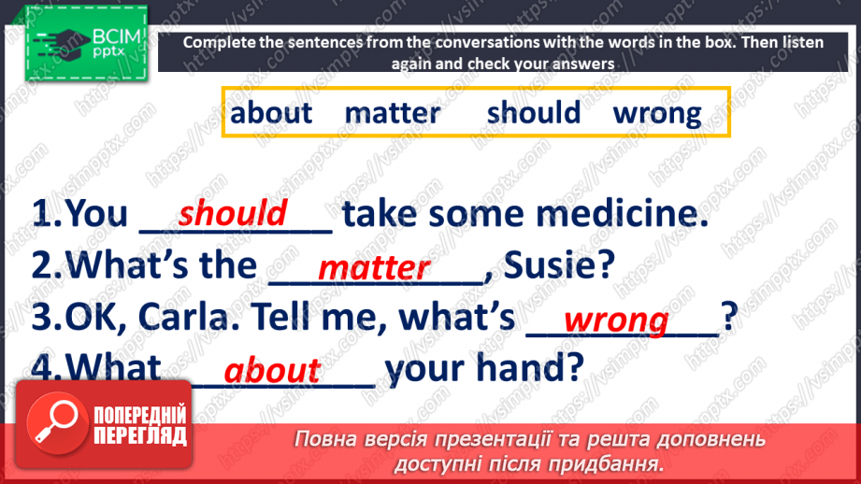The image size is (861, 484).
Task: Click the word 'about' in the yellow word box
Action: coord(271,112)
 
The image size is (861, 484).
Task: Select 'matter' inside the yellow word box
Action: coord(392,113)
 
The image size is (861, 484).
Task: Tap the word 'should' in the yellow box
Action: coord(534,112)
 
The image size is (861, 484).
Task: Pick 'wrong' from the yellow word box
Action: coord(657,115)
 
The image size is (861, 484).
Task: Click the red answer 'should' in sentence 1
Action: coord(232,212)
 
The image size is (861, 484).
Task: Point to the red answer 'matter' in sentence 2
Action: coord(374,268)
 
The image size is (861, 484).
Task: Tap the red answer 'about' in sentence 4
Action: coord(272,369)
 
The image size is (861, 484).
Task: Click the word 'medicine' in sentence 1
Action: coord(622,213)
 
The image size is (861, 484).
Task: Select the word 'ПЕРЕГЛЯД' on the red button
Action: coord(140,436)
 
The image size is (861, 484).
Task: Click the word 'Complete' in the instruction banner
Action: coord(220,43)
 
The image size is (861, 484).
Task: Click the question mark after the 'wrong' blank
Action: coord(729,316)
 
